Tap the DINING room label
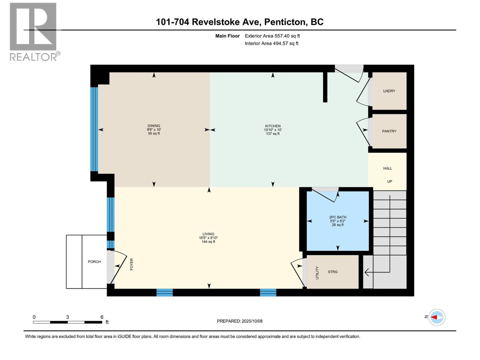click(154, 126)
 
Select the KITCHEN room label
click(272, 126)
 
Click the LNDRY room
click(389, 91)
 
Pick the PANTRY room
click(389, 131)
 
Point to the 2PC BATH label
click(337, 217)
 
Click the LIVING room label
click(208, 234)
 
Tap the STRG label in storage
click(333, 272)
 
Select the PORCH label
click(94, 262)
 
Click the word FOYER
click(131, 264)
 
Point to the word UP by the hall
click(389, 181)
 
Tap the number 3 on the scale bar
click(67, 317)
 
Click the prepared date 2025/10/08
click(252, 321)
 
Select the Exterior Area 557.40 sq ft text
click(272, 36)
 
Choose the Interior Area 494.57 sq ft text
click(271, 43)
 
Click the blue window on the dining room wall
click(94, 129)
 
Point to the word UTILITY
click(317, 273)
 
